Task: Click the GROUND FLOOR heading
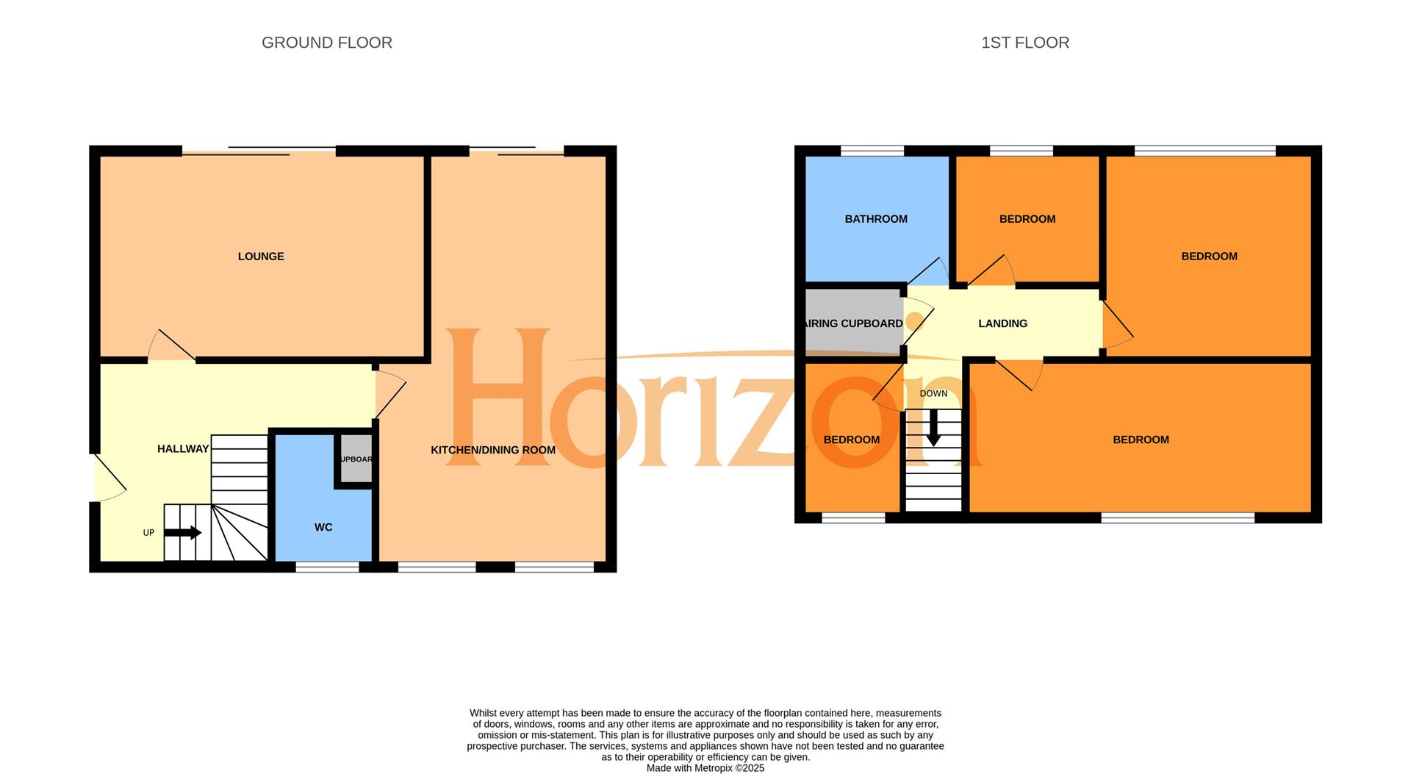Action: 326,43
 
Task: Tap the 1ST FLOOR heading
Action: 1024,43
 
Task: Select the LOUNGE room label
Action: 261,257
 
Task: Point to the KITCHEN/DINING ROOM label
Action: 492,450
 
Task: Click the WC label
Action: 323,527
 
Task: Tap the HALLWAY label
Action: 183,448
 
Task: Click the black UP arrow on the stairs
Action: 183,532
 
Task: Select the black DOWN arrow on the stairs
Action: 933,428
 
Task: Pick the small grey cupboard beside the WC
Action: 356,459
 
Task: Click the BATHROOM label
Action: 876,219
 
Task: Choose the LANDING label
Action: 1002,323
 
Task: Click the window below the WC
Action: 327,567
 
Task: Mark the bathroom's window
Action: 872,151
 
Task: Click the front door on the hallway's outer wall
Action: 109,478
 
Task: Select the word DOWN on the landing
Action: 933,393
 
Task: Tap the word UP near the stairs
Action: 148,532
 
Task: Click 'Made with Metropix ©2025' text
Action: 705,768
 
